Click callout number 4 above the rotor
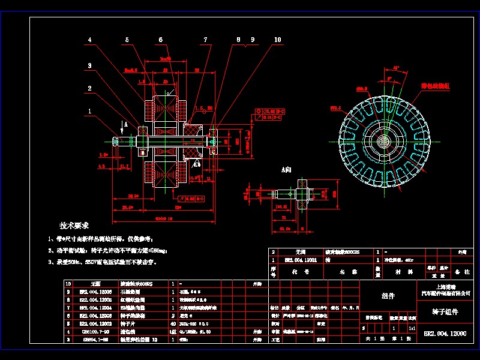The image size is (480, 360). (x=89, y=40)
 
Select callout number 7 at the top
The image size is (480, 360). (x=205, y=40)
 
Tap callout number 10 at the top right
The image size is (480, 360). (x=277, y=40)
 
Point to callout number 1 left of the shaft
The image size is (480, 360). (x=89, y=111)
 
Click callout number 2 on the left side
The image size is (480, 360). (x=89, y=88)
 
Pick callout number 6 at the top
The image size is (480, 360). (x=160, y=40)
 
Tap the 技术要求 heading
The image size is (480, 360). (x=74, y=226)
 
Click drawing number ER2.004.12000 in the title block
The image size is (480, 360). (x=444, y=332)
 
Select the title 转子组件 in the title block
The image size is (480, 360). (x=444, y=312)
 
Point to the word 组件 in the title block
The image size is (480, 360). (x=388, y=296)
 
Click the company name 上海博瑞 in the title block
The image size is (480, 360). (x=444, y=287)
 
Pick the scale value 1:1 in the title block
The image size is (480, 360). (x=412, y=329)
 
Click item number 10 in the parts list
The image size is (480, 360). (x=67, y=283)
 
